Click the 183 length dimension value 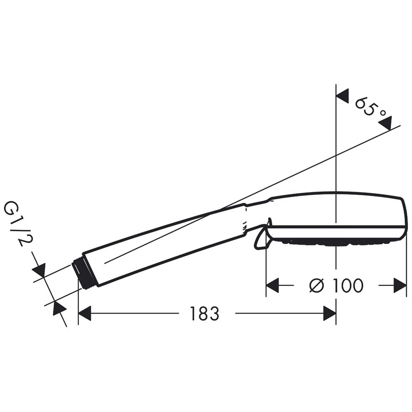point(204,313)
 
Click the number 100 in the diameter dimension point(348,286)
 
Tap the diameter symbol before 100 point(317,286)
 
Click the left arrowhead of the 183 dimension point(84,313)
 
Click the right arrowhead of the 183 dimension point(330,313)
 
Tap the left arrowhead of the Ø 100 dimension point(272,286)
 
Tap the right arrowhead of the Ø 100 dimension point(400,286)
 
